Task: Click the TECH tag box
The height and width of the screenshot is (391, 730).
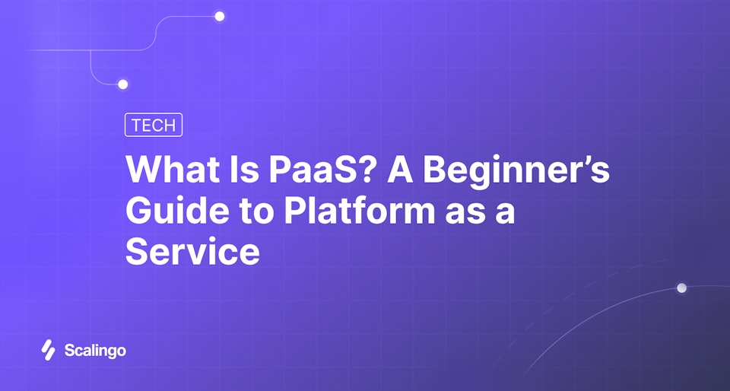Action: click(153, 126)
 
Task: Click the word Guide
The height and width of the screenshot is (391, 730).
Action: click(169, 211)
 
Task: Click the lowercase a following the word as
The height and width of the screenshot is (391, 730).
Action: click(505, 214)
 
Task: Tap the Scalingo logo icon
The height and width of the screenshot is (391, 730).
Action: click(49, 350)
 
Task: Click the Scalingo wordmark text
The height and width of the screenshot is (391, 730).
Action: click(94, 351)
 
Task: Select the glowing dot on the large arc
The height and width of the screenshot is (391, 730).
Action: click(681, 288)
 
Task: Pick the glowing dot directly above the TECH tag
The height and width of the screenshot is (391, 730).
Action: click(122, 84)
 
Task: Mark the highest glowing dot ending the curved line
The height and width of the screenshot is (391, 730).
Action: click(220, 16)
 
